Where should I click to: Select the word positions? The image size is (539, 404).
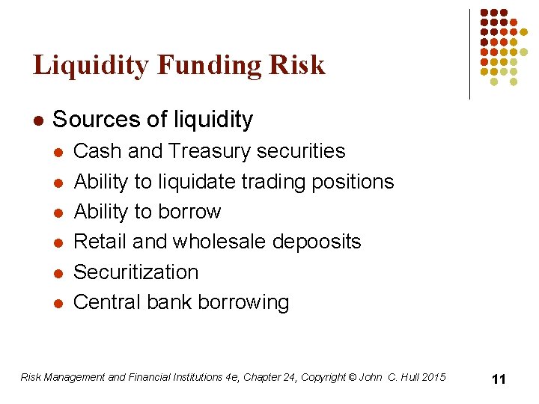click(353, 182)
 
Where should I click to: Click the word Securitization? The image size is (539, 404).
click(135, 272)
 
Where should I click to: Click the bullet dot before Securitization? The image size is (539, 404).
click(58, 273)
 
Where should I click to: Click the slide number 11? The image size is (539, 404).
click(499, 379)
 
